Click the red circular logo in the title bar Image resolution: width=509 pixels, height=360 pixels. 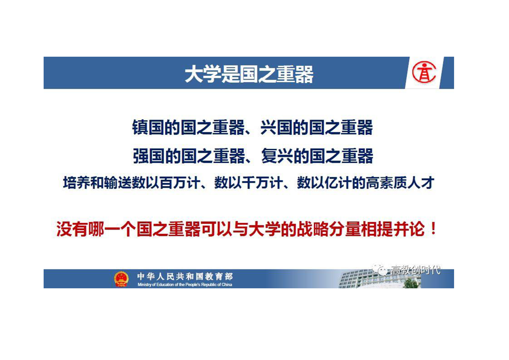(x=424, y=73)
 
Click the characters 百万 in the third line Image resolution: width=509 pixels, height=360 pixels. (x=173, y=183)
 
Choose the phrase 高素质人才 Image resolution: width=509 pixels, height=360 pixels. (x=400, y=183)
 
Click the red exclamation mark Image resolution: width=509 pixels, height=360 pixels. (x=433, y=229)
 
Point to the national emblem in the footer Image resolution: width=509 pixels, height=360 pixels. (x=121, y=279)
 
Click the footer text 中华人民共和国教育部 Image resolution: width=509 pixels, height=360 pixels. (x=185, y=276)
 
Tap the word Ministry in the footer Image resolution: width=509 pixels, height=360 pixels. (x=144, y=285)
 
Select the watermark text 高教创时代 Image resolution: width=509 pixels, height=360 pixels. (x=416, y=270)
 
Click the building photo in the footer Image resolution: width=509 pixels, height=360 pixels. (x=380, y=279)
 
